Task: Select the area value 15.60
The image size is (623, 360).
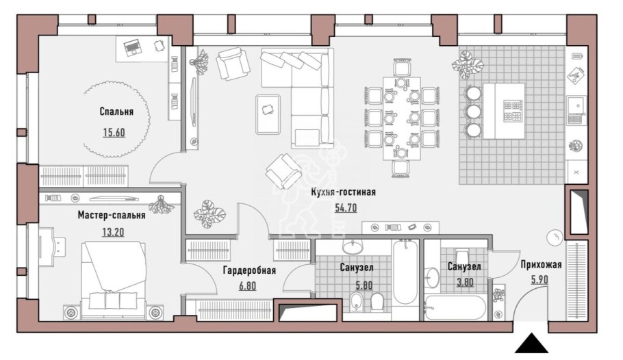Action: tap(114, 132)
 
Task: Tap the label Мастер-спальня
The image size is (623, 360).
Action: tap(111, 215)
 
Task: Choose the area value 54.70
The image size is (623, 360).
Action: tap(346, 208)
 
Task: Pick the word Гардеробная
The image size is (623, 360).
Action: tap(249, 270)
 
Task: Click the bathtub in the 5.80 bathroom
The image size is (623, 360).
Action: tap(405, 272)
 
